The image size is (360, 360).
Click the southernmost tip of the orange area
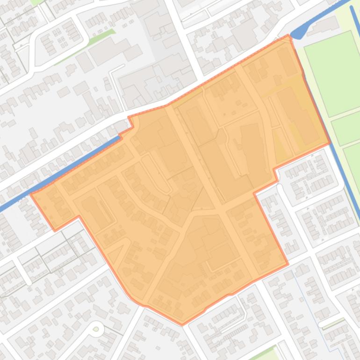pos(182,324)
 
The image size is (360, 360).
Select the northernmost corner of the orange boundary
pos(288,35)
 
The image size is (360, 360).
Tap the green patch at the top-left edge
pos(35,2)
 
